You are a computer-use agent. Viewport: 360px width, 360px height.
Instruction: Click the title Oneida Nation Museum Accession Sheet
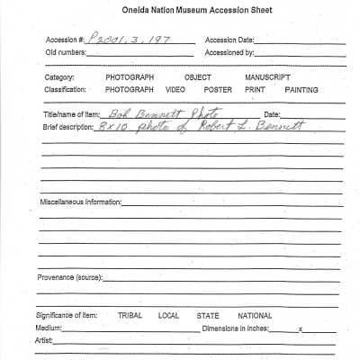(187, 10)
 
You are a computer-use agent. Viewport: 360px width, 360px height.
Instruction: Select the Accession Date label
(229, 40)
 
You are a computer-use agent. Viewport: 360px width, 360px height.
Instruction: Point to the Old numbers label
(66, 53)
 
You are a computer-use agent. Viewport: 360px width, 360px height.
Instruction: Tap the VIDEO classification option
(175, 90)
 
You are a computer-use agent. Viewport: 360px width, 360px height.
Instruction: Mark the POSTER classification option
(217, 90)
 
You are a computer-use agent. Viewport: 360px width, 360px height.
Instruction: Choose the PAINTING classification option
(301, 90)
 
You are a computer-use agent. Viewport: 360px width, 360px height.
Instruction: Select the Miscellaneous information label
(79, 202)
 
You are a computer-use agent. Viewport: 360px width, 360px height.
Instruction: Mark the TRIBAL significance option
(130, 316)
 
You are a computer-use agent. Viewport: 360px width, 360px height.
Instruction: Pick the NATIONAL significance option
(255, 316)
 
